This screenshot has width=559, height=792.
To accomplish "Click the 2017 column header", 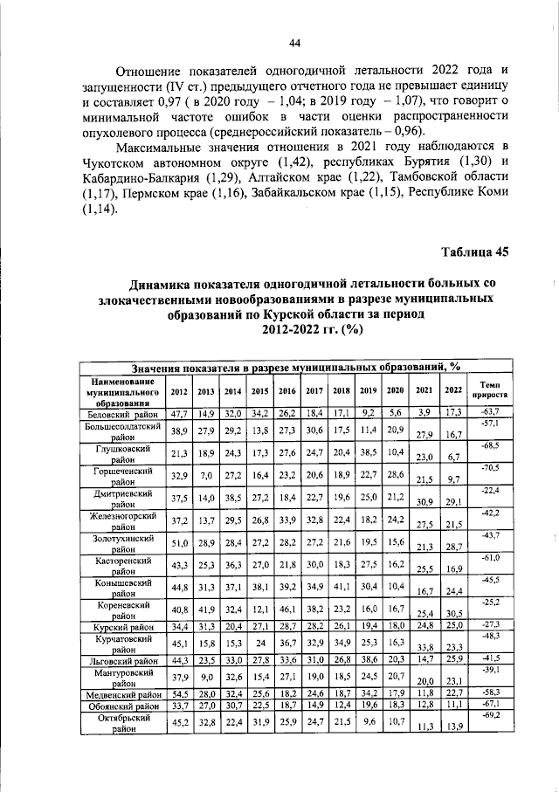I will [x=314, y=391].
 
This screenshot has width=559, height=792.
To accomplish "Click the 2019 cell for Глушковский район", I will [x=368, y=452].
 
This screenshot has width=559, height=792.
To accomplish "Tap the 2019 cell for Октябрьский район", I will [x=368, y=724].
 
